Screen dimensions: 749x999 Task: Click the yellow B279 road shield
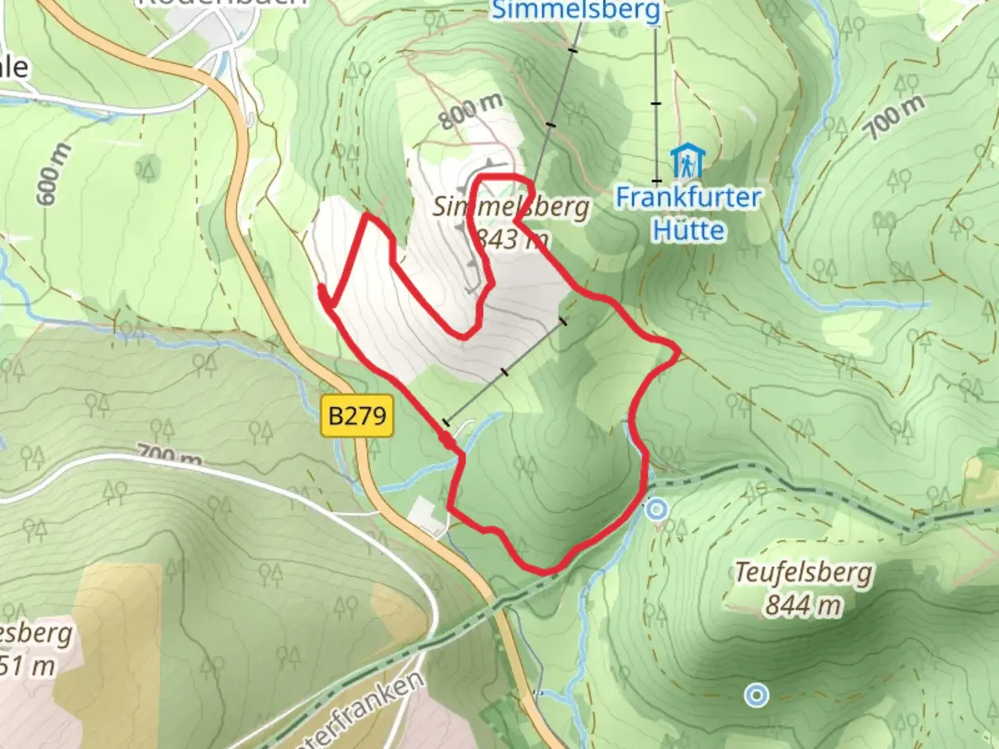(x=357, y=415)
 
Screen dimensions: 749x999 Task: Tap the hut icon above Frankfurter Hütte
(x=687, y=161)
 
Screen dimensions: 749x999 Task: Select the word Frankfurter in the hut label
(x=688, y=198)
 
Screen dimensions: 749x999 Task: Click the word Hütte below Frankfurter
(x=688, y=230)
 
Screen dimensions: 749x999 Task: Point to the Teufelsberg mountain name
(x=803, y=573)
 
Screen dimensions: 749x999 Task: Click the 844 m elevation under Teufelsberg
(x=803, y=605)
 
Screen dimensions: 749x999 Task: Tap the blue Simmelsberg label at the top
(x=576, y=10)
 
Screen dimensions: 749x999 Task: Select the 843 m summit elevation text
(x=512, y=239)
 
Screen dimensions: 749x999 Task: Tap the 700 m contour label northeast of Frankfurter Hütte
(x=896, y=116)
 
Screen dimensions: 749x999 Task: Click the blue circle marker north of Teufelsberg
(x=656, y=510)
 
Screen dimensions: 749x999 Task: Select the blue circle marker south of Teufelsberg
(x=756, y=694)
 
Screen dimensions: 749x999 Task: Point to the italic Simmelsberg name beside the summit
(x=511, y=207)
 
